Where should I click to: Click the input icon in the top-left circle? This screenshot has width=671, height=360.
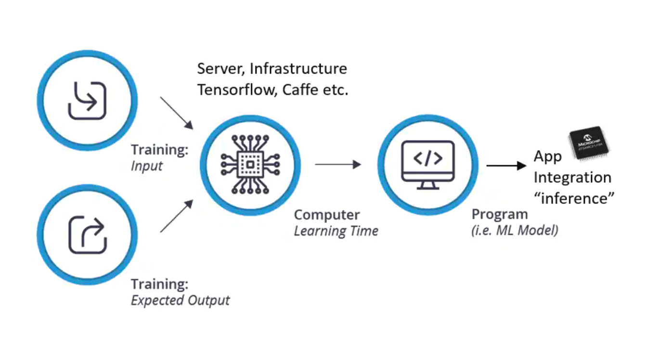coord(87,101)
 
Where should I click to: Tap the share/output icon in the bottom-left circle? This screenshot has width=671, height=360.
coord(87,235)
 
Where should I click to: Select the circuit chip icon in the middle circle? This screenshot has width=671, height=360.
coord(250,165)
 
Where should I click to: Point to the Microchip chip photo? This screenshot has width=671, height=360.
coord(588,142)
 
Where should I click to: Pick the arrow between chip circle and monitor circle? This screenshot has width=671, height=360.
coord(338,165)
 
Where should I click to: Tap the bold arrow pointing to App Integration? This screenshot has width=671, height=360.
coord(506,166)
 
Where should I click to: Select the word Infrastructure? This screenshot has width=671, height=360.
coord(298,68)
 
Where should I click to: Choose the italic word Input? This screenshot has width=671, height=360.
coord(147,166)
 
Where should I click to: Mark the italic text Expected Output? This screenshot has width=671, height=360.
coord(181,301)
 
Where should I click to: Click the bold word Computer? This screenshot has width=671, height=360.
coord(327,215)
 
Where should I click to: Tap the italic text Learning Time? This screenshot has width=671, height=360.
coord(336,231)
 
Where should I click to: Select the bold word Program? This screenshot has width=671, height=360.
coord(500,214)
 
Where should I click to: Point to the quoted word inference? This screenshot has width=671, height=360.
coord(575,198)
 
